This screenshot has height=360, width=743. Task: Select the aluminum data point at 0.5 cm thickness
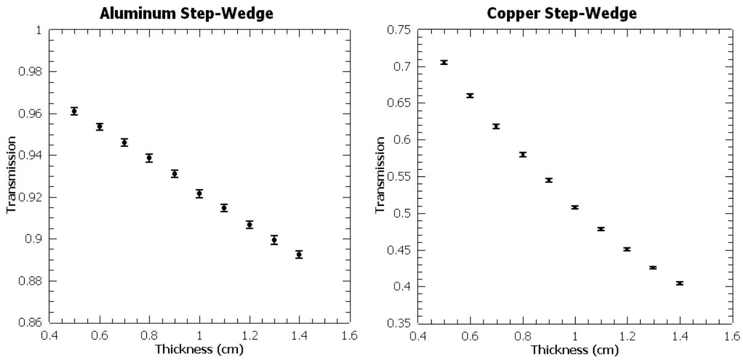click(x=74, y=111)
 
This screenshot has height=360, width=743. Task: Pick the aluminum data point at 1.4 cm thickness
click(x=299, y=255)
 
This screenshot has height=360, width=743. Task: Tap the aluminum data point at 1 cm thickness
click(x=199, y=193)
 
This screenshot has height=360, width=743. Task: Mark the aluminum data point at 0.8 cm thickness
click(x=149, y=158)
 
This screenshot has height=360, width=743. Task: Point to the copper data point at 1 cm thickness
click(x=575, y=207)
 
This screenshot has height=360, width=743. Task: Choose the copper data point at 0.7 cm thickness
click(x=496, y=126)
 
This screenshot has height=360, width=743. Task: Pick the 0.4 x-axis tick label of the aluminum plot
click(x=49, y=335)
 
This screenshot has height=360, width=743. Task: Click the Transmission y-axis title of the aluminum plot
click(x=11, y=175)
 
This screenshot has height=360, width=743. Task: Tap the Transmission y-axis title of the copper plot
click(x=381, y=175)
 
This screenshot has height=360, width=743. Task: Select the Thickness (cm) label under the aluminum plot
click(x=199, y=349)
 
